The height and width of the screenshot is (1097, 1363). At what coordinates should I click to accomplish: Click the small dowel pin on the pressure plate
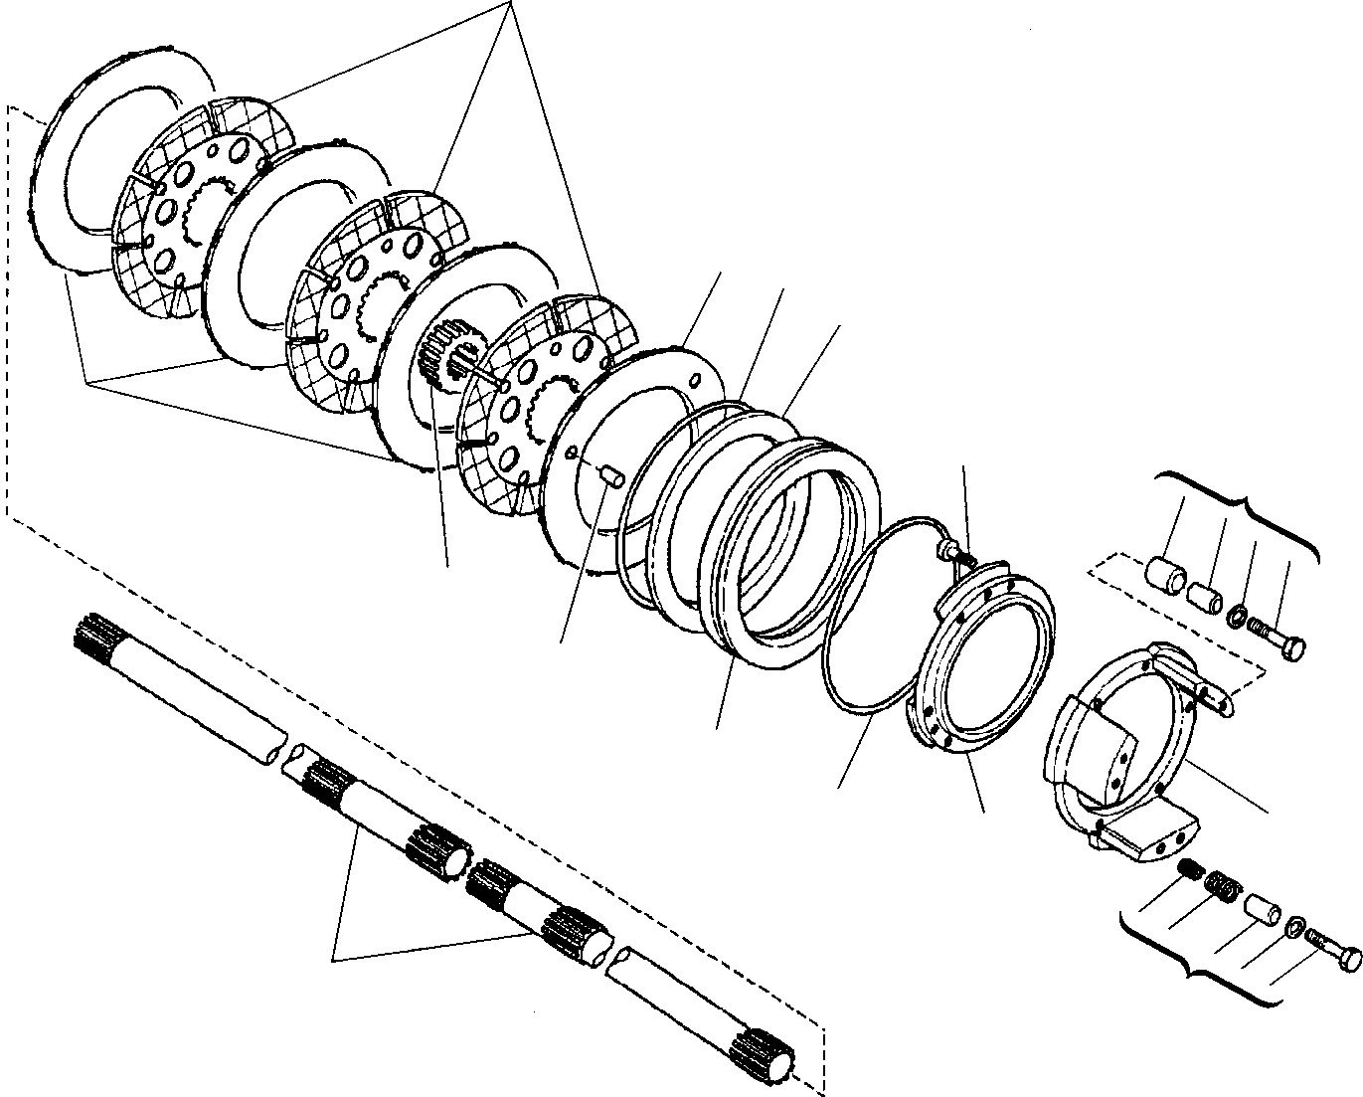[607, 476]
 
